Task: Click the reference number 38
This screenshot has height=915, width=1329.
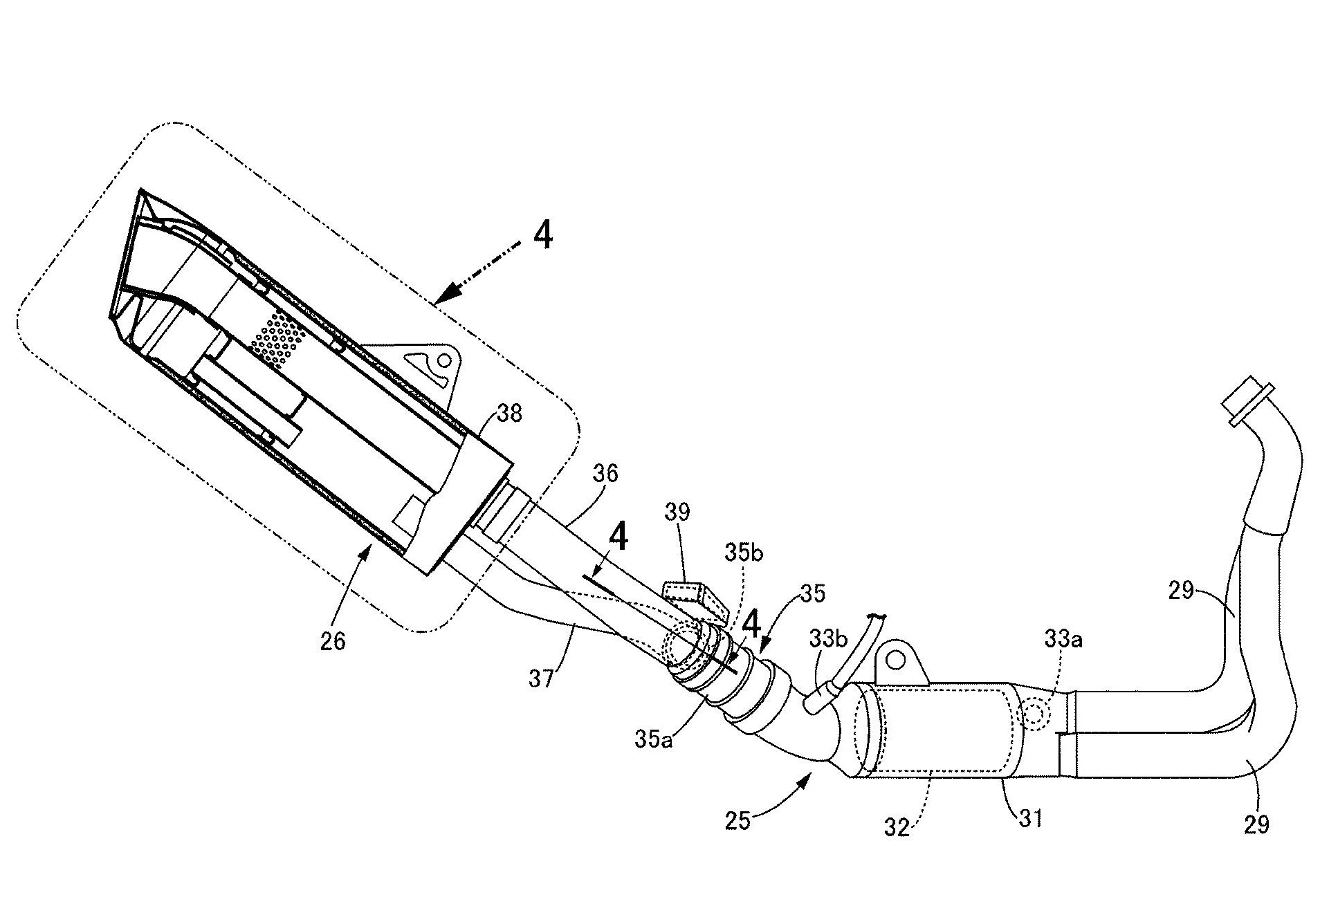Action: click(x=510, y=414)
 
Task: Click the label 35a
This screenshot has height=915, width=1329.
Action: click(x=654, y=739)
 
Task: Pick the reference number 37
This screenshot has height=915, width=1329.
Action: click(x=541, y=678)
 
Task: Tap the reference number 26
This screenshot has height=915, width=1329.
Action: click(x=333, y=642)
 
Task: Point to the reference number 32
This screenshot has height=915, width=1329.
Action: click(x=897, y=828)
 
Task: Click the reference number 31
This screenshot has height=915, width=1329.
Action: click(x=1029, y=818)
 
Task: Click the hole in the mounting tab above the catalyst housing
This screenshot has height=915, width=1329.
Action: click(x=895, y=660)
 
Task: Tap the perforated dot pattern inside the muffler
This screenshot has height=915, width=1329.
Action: click(x=279, y=336)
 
